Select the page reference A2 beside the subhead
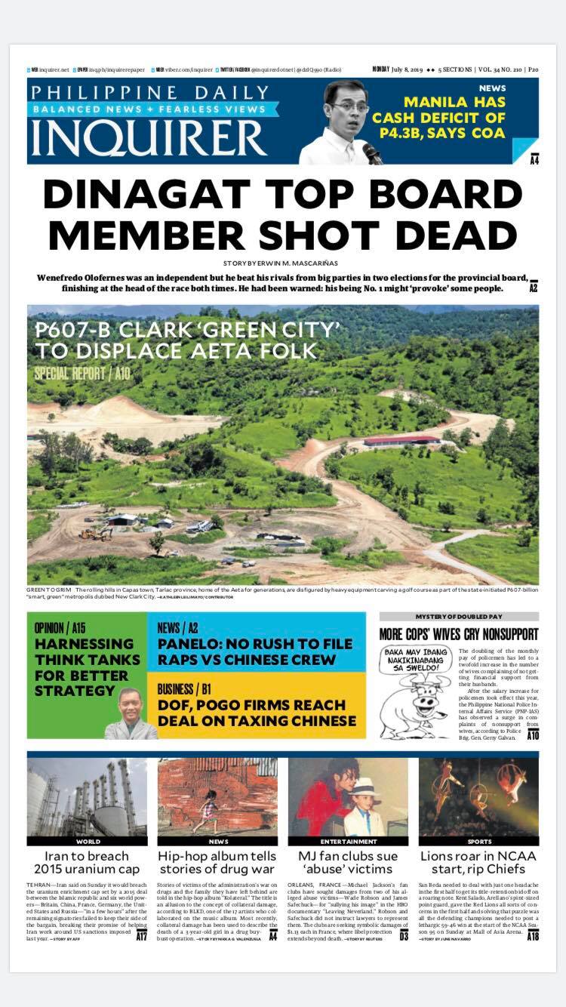coord(533,288)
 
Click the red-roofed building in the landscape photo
coord(401,440)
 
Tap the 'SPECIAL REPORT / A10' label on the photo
coord(81,374)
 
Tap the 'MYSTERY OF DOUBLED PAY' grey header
coord(459,617)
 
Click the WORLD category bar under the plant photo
coord(88,841)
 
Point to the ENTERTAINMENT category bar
coord(348,841)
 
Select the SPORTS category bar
coord(478,841)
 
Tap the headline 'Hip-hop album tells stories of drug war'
coord(217,864)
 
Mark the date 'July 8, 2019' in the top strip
coord(414,69)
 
